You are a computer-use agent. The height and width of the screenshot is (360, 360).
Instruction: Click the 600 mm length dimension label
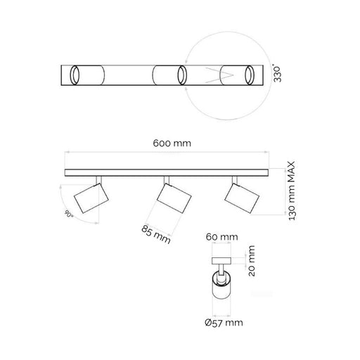pos(172,143)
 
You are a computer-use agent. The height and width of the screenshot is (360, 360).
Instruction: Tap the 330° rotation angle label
pos(277,74)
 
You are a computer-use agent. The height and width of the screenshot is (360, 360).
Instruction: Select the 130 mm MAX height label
pos(291,191)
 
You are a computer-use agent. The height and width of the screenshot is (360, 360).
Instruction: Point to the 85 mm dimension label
pos(156,234)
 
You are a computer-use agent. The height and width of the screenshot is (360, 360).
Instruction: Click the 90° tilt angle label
pos(69,214)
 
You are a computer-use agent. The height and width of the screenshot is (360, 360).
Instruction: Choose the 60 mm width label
pos(221,237)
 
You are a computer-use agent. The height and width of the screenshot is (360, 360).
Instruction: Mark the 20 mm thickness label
pos(251,261)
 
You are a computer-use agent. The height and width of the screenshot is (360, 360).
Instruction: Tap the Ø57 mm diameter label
pos(224,323)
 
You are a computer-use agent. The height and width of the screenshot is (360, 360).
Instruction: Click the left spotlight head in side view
pos(91,198)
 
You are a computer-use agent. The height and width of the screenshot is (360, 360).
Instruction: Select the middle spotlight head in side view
pos(174,198)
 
